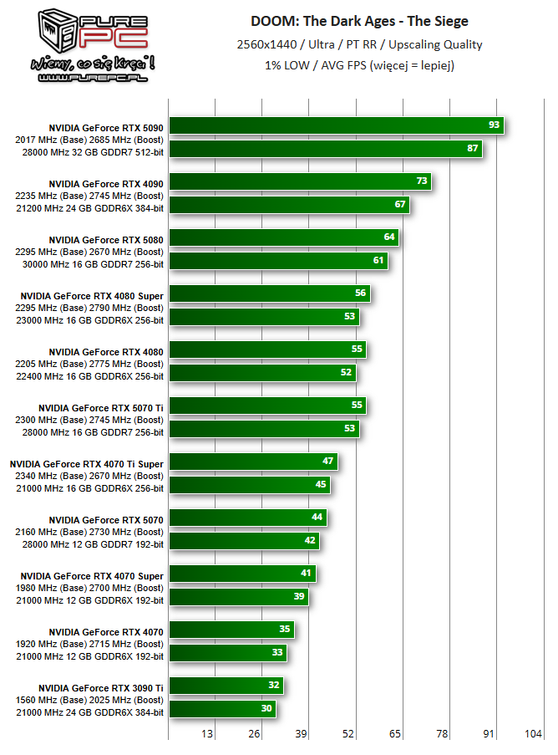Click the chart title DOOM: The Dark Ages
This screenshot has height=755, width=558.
359,21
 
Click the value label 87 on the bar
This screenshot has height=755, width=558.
473,148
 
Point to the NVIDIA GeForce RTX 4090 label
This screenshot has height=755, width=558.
106,183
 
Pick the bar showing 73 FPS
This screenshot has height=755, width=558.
300,181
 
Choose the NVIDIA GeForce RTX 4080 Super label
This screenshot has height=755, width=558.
92,295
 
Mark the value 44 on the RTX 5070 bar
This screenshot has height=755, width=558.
317,517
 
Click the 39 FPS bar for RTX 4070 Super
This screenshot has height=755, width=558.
239,596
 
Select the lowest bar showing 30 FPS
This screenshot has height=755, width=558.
222,708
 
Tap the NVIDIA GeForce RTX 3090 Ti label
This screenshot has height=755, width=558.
101,687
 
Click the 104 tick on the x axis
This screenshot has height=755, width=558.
532,734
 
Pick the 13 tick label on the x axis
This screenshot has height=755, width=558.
206,734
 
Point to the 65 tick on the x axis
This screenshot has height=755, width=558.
394,734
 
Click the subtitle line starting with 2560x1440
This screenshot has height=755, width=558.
359,44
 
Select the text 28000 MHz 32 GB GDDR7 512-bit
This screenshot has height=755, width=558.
90,151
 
